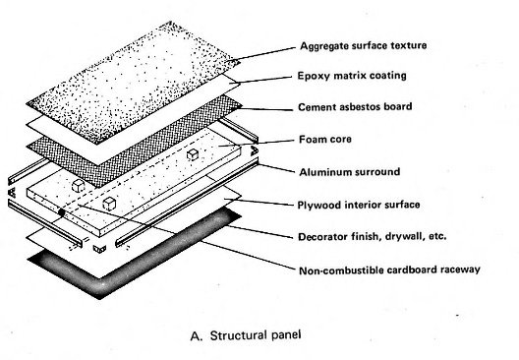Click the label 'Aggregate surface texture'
pos(363,45)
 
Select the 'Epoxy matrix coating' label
pos(352,76)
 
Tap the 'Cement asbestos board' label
pos(355,106)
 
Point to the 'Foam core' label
pos(325,139)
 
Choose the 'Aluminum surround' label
pos(350,172)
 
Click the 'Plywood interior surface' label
pos(359,205)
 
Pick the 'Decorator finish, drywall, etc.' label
pos(372,236)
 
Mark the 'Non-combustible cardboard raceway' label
pos(389,270)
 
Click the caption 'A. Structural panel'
pos(246,335)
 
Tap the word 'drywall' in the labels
pos(408,237)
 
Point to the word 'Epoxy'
pos(314,76)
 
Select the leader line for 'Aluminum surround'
pos(276,168)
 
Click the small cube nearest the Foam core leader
pos(193,154)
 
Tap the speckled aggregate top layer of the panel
pos(133,83)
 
